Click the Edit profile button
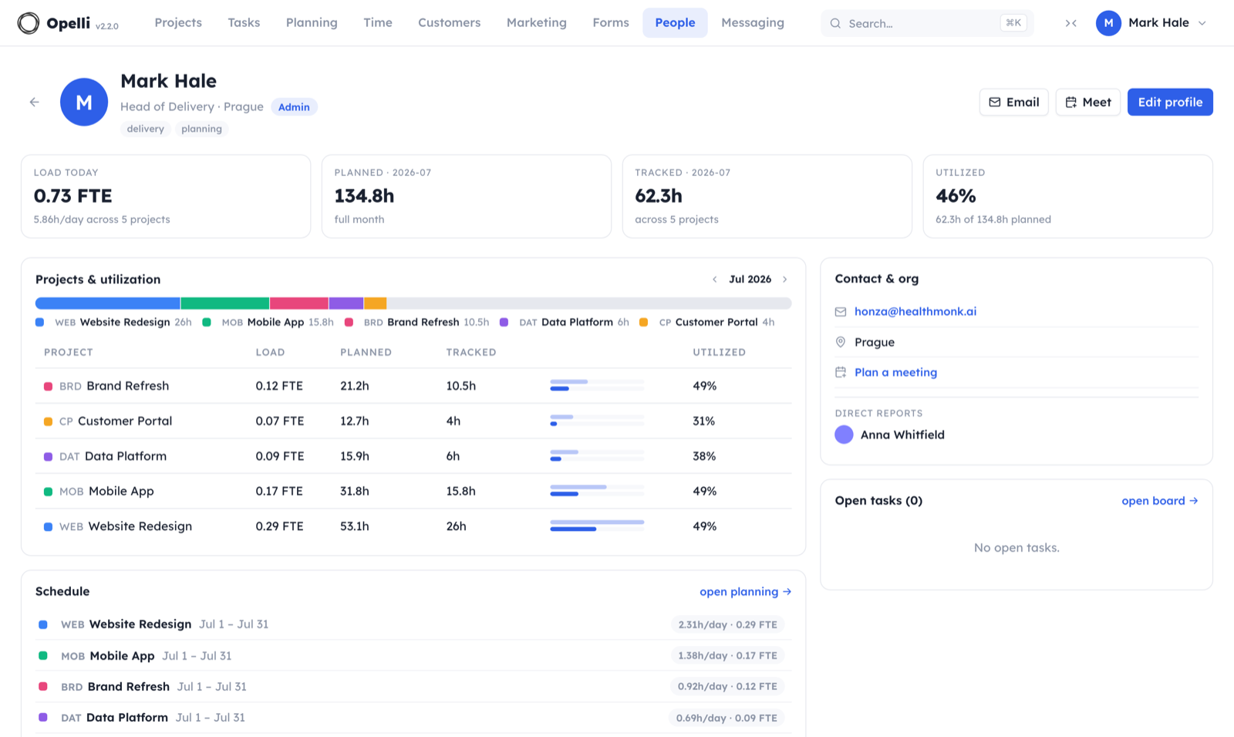pyautogui.click(x=1169, y=102)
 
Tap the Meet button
pyautogui.click(x=1087, y=102)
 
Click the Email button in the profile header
pyautogui.click(x=1013, y=102)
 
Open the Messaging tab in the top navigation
pyautogui.click(x=753, y=22)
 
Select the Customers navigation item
pyautogui.click(x=449, y=22)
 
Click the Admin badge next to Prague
pyautogui.click(x=294, y=107)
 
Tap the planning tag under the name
pyautogui.click(x=201, y=128)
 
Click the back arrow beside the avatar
pyautogui.click(x=34, y=102)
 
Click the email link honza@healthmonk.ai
pyautogui.click(x=915, y=312)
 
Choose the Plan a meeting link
pyautogui.click(x=895, y=372)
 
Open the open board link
pyautogui.click(x=1160, y=501)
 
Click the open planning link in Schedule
pyautogui.click(x=745, y=591)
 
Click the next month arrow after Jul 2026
pyautogui.click(x=785, y=279)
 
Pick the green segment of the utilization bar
pyautogui.click(x=224, y=303)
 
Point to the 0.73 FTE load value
pyautogui.click(x=72, y=196)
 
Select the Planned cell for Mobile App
pyautogui.click(x=354, y=491)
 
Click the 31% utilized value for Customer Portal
pyautogui.click(x=703, y=421)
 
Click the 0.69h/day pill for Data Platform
pyautogui.click(x=727, y=718)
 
